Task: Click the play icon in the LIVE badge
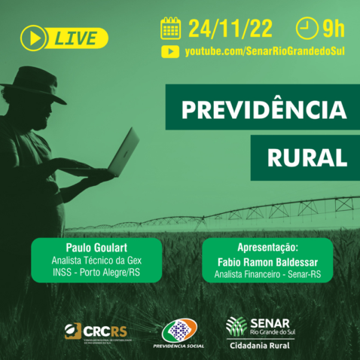(32, 37)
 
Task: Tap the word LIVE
(77, 37)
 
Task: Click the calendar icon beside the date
(171, 29)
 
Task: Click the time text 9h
(333, 29)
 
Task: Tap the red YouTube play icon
(170, 52)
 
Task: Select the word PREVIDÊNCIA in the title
(256, 111)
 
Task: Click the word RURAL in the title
(307, 157)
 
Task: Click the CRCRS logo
(96, 331)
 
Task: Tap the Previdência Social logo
(179, 334)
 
